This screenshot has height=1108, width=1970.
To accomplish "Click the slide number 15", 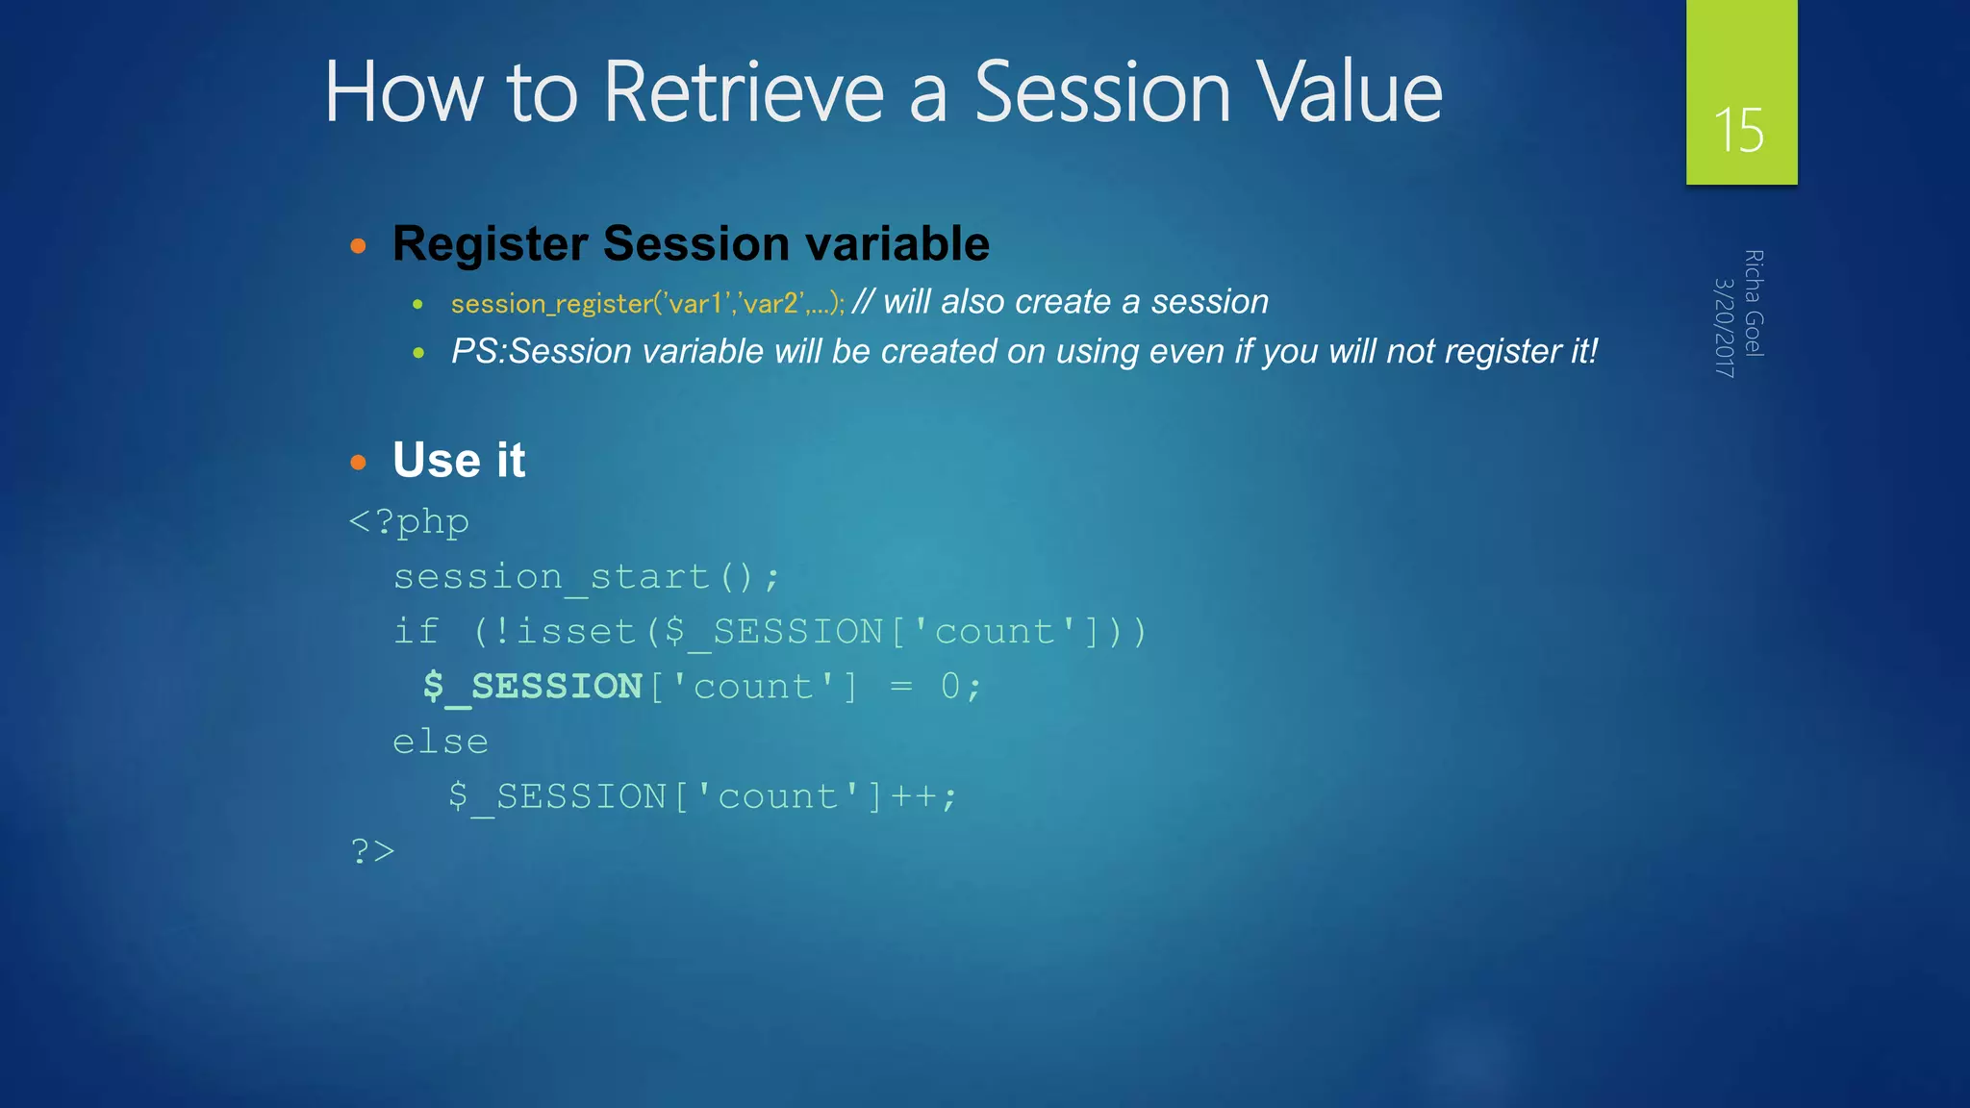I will [x=1739, y=130].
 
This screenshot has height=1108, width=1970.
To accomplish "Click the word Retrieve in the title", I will [x=743, y=92].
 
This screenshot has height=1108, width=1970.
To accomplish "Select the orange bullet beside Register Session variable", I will [x=359, y=246].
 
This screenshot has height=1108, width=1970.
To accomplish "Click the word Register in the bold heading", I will [x=490, y=243].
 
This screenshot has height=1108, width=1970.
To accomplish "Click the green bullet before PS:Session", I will [x=418, y=353].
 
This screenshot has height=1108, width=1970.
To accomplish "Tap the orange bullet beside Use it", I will [x=359, y=463].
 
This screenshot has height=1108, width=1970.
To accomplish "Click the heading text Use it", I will [x=459, y=460].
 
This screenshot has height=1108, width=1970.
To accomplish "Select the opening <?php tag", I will [x=409, y=522].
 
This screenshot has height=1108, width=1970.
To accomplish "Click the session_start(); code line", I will [x=587, y=577].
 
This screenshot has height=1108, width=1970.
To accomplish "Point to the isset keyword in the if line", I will [x=576, y=632].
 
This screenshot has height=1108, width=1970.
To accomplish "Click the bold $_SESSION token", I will [x=533, y=687].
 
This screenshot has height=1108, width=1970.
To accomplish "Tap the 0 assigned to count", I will [x=950, y=687].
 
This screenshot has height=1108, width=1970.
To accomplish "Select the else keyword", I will [x=441, y=742].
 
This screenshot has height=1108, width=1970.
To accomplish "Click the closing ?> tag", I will [x=373, y=851].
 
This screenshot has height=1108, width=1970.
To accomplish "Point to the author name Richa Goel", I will [x=1754, y=303].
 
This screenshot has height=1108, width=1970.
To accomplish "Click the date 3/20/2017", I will [x=1725, y=327].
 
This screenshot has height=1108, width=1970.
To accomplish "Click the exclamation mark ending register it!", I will [x=1594, y=351].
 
